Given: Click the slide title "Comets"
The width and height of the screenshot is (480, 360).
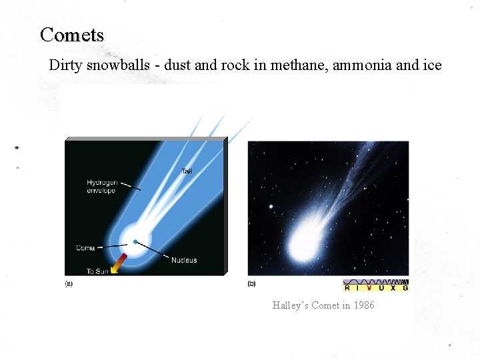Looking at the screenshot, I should tap(72, 34).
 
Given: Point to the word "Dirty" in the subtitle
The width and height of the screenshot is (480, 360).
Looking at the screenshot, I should tap(65, 65).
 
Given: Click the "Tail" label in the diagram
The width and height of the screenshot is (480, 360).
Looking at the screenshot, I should tap(187, 171).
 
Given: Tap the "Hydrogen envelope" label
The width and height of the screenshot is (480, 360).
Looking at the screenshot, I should tap(101, 187).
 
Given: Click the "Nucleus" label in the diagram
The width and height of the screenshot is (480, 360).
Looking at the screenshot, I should tap(184, 260).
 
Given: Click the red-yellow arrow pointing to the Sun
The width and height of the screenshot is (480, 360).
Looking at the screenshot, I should tap(118, 263).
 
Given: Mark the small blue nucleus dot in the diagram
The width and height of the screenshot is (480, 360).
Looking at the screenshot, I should tap(135, 241).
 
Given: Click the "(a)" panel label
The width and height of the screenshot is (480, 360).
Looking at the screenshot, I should tap(69, 283).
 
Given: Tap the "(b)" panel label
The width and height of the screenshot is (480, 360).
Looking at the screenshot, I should tap(251, 283).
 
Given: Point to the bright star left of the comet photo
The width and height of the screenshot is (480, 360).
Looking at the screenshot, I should tap(271, 207).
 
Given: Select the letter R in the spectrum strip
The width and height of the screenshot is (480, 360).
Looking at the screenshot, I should tap(347, 288).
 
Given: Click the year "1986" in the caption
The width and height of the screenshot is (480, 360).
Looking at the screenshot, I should tap(363, 305).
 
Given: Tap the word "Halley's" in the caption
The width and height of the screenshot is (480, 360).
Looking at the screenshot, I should tap(288, 305).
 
